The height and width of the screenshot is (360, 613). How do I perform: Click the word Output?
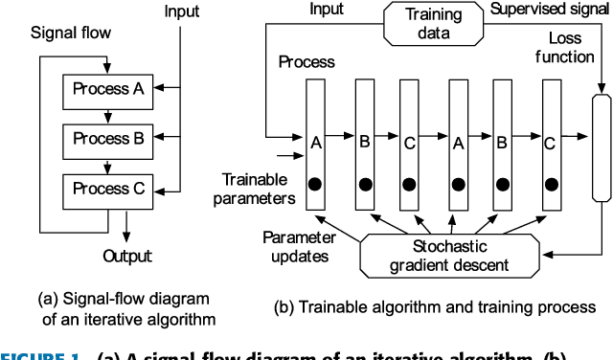[126, 256]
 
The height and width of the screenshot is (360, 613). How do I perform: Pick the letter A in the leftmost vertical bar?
[316, 144]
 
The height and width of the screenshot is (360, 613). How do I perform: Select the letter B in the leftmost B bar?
[363, 144]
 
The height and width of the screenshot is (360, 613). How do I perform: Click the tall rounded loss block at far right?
[601, 149]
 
